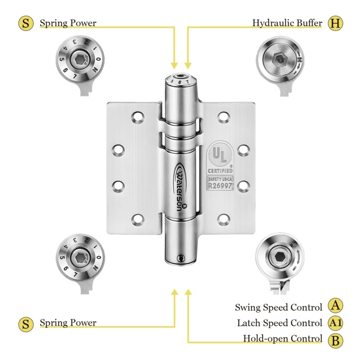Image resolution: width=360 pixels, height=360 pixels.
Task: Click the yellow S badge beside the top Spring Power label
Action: coord(26,24)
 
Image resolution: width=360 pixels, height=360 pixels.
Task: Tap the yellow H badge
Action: coord(335,24)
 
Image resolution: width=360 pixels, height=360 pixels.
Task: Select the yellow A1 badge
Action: coord(335,323)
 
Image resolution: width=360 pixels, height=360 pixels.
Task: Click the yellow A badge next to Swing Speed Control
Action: coord(335,307)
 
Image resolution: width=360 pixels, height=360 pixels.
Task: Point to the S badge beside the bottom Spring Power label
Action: coord(26,324)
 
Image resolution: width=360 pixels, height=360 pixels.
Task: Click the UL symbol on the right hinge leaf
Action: coord(220,155)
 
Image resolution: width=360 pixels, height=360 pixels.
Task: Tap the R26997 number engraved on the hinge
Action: coord(220,186)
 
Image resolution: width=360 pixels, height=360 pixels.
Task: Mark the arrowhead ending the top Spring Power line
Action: coord(174,65)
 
